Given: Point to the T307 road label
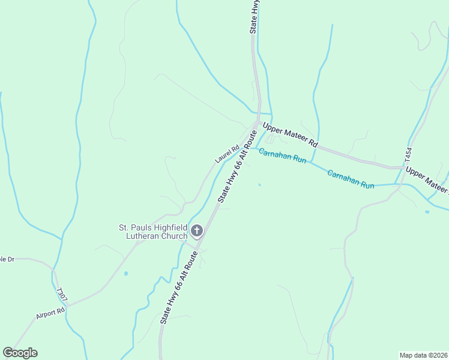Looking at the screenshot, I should pos(59,293).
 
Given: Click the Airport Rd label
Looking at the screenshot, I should pos(50,314).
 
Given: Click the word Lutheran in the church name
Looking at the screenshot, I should pos(153,236).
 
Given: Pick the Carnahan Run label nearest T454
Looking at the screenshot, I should pos(351,179).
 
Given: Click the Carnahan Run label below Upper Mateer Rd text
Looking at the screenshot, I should pos(282,156).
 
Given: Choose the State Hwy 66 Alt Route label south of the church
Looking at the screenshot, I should pos(178,289).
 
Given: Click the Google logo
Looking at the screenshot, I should pos(20,353).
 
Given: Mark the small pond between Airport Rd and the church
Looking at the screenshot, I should pos(125,274).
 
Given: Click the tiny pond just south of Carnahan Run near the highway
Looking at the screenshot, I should pos(259,185).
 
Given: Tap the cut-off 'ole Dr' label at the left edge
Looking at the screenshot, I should pos(7,259).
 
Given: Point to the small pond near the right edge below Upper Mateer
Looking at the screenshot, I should pos(426,212).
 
